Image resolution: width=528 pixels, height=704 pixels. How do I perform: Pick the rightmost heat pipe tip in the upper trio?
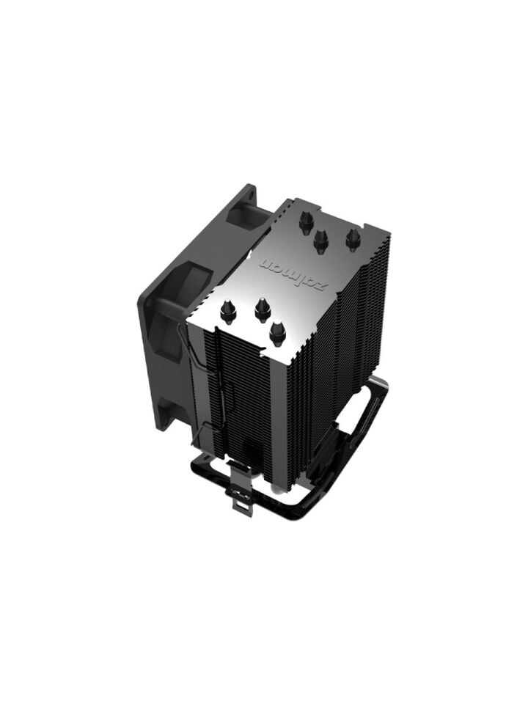353,238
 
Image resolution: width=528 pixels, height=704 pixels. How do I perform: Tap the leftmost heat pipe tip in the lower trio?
229,312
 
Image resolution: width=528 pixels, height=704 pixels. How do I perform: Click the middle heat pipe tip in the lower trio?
263,309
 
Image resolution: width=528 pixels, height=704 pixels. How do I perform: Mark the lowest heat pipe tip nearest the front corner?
277,332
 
